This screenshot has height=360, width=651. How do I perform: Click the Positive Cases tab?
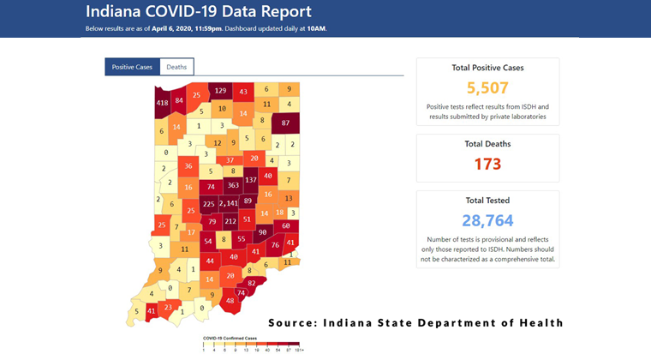[x=132, y=67]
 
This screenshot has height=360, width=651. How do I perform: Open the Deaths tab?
[x=176, y=67]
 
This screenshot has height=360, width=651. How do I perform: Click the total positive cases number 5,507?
[x=487, y=87]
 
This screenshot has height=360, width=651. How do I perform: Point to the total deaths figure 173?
[x=487, y=164]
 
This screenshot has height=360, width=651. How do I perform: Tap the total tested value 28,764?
[x=487, y=220]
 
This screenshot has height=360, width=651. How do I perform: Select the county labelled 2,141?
[x=230, y=204]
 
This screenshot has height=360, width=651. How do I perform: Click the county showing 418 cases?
[x=162, y=103]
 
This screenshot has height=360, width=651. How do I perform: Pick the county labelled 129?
[x=220, y=91]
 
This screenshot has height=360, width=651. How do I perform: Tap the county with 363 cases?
[x=232, y=185]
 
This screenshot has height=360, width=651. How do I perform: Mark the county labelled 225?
[x=207, y=204]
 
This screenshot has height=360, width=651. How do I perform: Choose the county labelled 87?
[x=286, y=123]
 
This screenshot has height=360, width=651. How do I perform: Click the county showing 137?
[x=251, y=181]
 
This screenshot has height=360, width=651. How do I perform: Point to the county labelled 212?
[x=230, y=222]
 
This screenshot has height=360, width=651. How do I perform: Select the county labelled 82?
[x=251, y=282]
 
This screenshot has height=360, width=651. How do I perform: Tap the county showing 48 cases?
[x=230, y=301]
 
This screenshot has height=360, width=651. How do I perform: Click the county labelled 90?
[x=262, y=233]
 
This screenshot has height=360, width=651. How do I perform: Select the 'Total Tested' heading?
[x=487, y=200]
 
